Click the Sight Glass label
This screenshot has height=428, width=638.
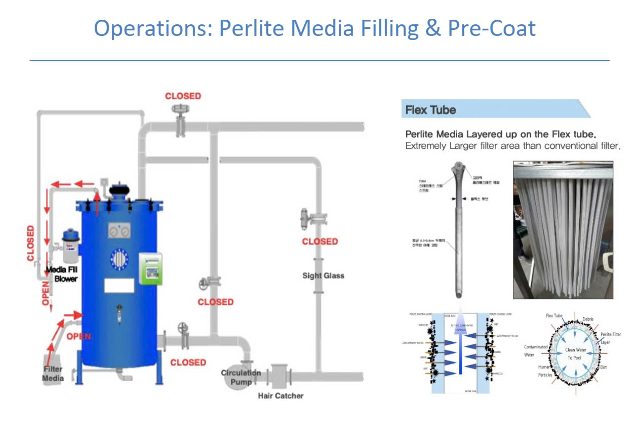(x=323, y=276)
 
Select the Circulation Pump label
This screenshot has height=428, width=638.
(x=241, y=377)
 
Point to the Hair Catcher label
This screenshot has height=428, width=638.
(x=281, y=396)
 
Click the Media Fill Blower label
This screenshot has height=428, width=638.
(x=62, y=274)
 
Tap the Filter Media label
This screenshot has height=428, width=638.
(x=53, y=374)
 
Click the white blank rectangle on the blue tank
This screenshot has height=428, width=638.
(x=119, y=286)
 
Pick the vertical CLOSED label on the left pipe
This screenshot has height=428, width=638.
(x=31, y=244)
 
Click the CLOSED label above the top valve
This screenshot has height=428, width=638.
(x=183, y=96)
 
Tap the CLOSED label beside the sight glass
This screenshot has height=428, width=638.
(x=320, y=242)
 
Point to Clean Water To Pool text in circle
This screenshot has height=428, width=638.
(x=576, y=354)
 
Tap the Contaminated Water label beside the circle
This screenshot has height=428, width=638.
(x=536, y=351)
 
